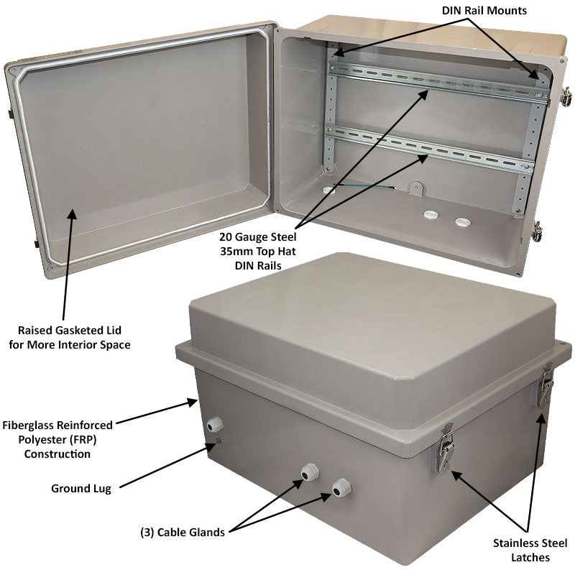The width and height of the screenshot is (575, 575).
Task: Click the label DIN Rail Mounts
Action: pyautogui.click(x=484, y=11)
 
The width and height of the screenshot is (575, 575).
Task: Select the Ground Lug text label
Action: pyautogui.click(x=81, y=489)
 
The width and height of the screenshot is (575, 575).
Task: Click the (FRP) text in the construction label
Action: pyautogui.click(x=83, y=440)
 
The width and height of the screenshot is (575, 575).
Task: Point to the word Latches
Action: pyautogui.click(x=530, y=558)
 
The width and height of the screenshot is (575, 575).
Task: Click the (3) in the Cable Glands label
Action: pyautogui.click(x=147, y=533)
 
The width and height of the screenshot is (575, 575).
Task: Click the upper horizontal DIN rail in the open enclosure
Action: pyautogui.click(x=438, y=81)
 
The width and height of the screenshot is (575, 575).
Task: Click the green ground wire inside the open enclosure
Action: pyautogui.click(x=367, y=186)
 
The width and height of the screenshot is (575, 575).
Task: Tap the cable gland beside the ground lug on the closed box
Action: pyautogui.click(x=214, y=424)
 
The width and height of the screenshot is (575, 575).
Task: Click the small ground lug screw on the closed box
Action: pyautogui.click(x=218, y=441)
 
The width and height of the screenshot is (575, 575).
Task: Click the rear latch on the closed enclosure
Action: pyautogui.click(x=546, y=385)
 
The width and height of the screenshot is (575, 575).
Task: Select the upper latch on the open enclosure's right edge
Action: pyautogui.click(x=566, y=96)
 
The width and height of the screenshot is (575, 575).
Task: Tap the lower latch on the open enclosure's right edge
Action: pyautogui.click(x=537, y=231)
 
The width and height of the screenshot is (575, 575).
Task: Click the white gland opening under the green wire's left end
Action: pyautogui.click(x=329, y=190)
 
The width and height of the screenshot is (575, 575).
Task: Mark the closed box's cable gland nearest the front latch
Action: pyautogui.click(x=341, y=488)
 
